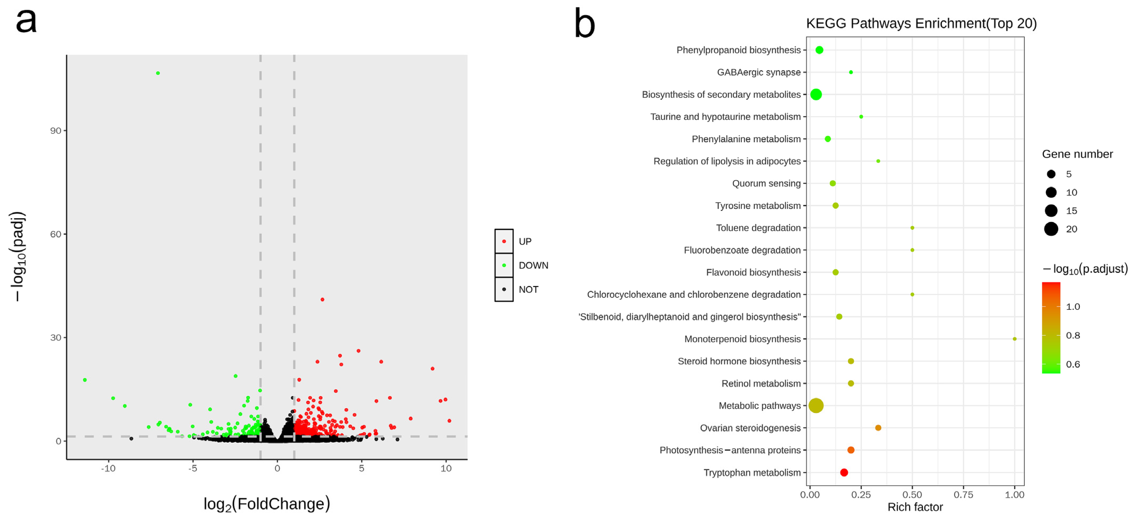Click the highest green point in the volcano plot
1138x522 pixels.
[x=158, y=73]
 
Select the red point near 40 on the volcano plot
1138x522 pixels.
[x=322, y=299]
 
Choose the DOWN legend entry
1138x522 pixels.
[x=533, y=266]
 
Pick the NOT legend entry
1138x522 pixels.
[x=528, y=290]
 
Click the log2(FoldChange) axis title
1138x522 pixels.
[x=266, y=504]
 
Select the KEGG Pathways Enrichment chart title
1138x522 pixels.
[x=921, y=23]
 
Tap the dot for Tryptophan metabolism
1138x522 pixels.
[x=844, y=473]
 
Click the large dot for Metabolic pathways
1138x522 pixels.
[x=816, y=405]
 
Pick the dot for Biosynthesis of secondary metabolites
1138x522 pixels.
[x=816, y=94]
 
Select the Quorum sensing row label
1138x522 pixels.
[x=766, y=183]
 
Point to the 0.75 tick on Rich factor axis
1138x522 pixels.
[x=963, y=495]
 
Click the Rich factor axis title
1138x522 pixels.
[x=915, y=507]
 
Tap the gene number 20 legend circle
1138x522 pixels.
[x=1051, y=229]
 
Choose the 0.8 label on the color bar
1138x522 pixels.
[x=1073, y=335]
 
